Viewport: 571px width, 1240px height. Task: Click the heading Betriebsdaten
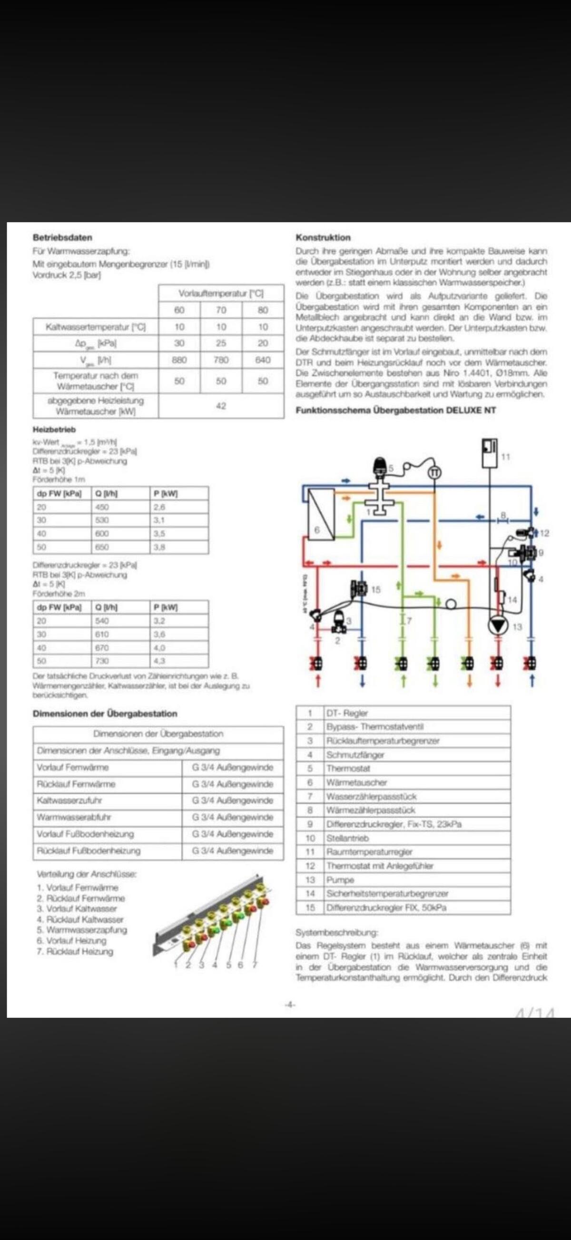[62, 238]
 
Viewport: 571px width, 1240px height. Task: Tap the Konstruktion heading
[323, 237]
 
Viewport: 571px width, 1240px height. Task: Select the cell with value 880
[179, 360]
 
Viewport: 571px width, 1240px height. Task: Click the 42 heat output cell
[221, 406]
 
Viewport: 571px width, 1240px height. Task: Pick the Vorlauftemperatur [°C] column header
[221, 293]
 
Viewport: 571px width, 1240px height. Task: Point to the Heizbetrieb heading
[54, 430]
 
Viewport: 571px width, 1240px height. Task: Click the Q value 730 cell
[102, 661]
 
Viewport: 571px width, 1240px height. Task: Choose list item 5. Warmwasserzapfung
[82, 929]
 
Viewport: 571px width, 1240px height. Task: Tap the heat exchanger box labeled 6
[321, 514]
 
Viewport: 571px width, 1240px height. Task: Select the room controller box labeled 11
[490, 452]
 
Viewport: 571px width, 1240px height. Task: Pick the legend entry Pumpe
[340, 879]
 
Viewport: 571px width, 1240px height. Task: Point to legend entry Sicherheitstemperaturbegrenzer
[387, 893]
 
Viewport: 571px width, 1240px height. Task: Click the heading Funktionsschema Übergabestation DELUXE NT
[395, 410]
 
